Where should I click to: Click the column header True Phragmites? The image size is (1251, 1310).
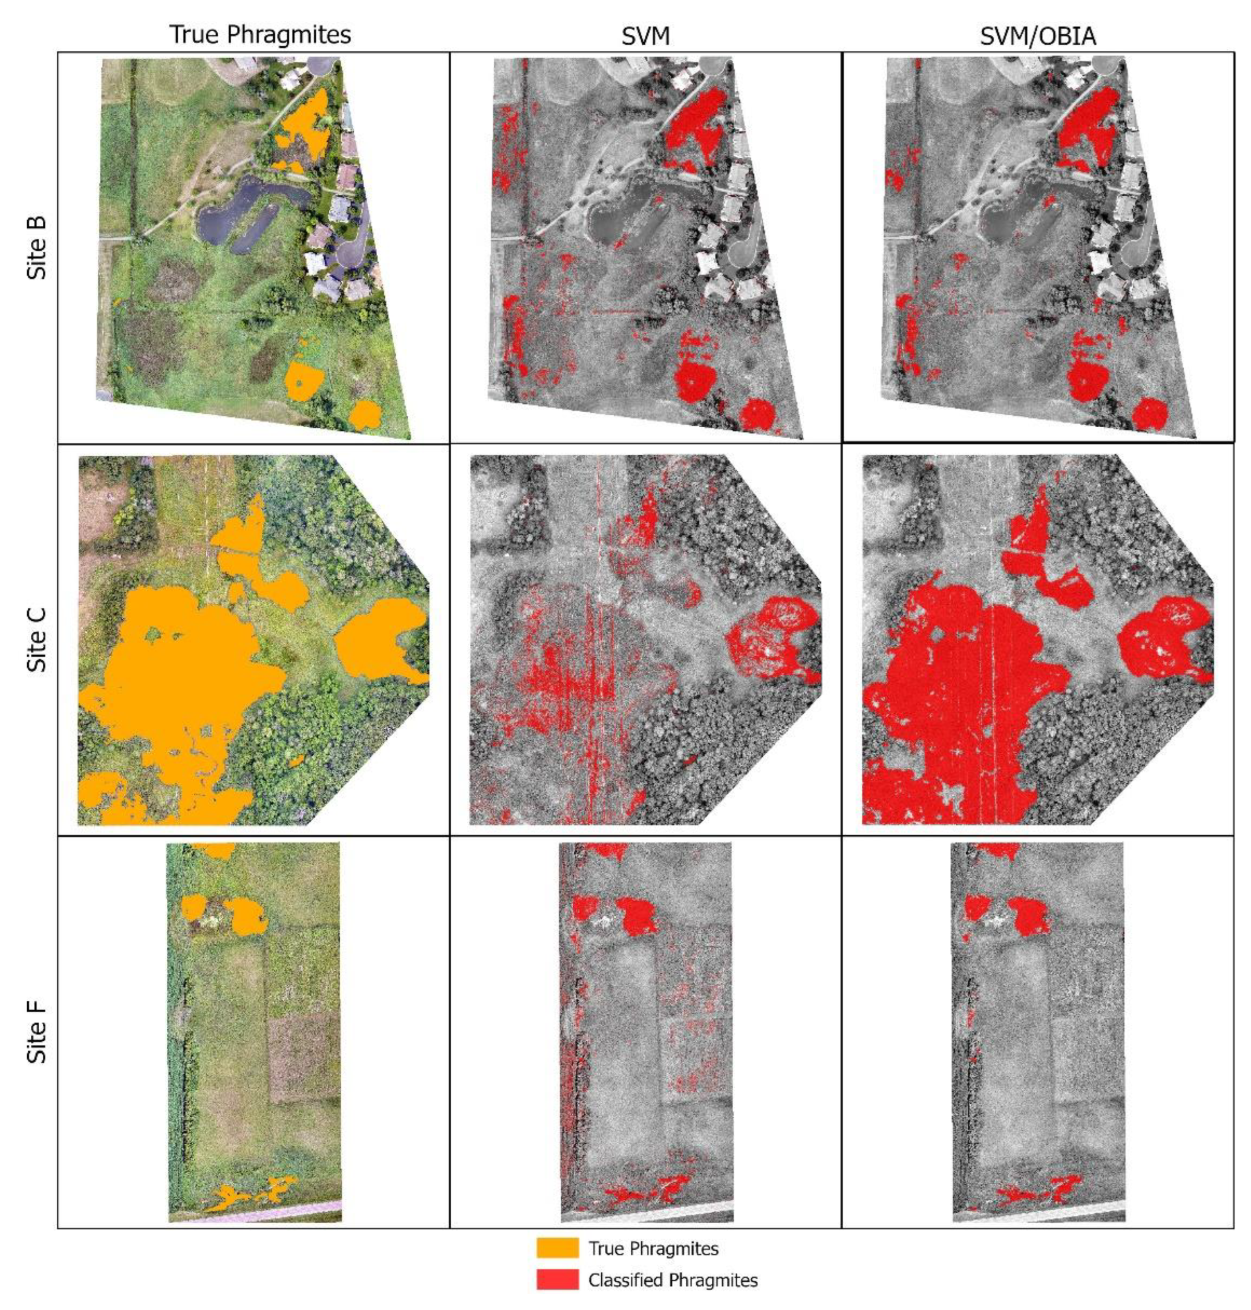pyautogui.click(x=260, y=35)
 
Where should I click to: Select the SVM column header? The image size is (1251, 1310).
pyautogui.click(x=645, y=36)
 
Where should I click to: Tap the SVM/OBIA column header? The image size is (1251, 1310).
pyautogui.click(x=1038, y=36)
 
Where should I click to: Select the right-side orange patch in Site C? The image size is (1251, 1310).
pyautogui.click(x=377, y=640)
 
